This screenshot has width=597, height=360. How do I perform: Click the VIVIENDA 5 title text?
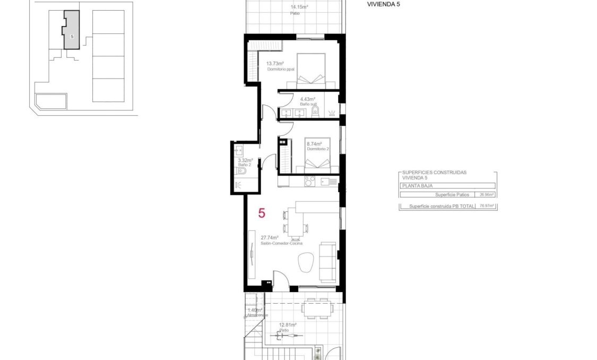(x=383, y=4)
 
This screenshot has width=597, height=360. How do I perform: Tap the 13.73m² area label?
(x=275, y=64)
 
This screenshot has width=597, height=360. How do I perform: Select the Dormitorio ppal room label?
(x=281, y=69)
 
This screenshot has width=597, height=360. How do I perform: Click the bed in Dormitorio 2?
(x=317, y=154)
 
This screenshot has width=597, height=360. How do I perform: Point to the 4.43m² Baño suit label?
(x=308, y=101)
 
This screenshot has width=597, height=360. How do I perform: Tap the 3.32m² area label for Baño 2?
(x=245, y=160)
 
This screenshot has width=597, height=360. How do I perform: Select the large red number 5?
(x=262, y=213)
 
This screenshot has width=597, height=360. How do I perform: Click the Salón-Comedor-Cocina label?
(x=281, y=243)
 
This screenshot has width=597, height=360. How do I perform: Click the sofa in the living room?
(x=328, y=262)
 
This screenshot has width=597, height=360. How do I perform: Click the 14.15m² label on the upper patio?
(x=299, y=7)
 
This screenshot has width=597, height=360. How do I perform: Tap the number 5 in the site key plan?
(x=71, y=36)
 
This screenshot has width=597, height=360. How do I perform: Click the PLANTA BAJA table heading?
(x=417, y=186)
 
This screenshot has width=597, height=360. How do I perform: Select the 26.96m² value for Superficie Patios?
(x=486, y=194)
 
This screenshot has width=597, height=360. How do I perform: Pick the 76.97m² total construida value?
(x=486, y=205)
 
